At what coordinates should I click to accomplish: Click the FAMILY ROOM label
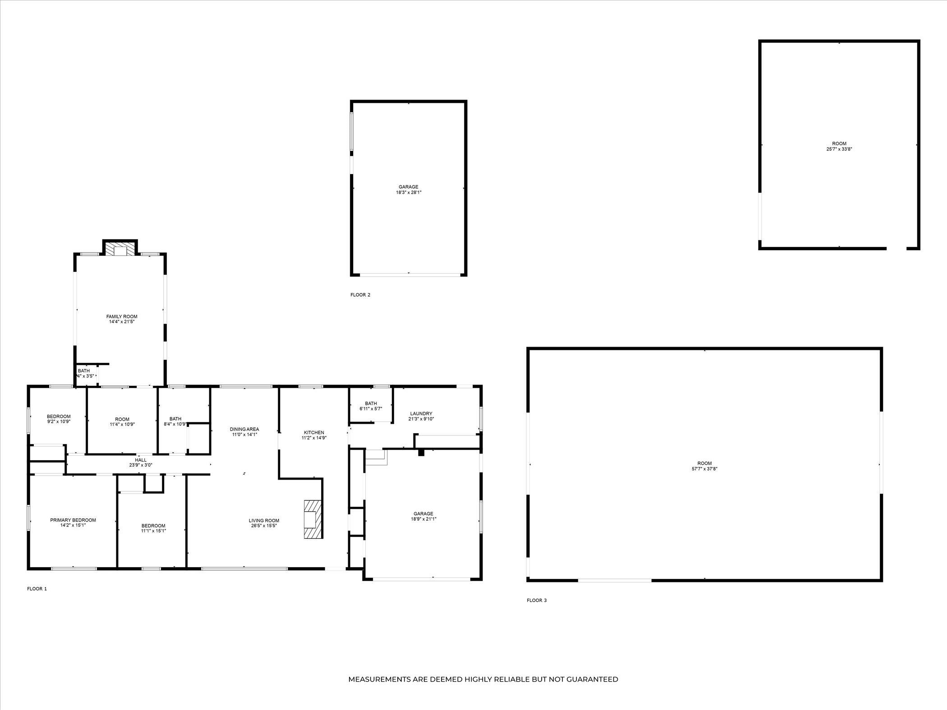[122, 316]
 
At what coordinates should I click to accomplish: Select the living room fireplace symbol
[312, 519]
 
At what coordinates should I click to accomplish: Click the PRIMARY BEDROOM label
[73, 520]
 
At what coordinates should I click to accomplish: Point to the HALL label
[141, 460]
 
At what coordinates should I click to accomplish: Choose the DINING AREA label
[244, 429]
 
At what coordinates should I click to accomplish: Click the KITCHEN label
[314, 432]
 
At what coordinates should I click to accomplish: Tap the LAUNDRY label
[421, 413]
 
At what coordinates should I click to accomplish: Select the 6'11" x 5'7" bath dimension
[371, 409]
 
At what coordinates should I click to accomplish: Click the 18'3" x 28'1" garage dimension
[409, 192]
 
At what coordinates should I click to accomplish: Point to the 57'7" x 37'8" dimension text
[704, 469]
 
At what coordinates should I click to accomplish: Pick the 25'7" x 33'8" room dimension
[839, 149]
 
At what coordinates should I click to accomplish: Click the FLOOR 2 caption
[360, 295]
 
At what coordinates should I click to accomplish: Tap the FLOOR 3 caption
[537, 600]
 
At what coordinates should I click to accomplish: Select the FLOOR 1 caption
[37, 589]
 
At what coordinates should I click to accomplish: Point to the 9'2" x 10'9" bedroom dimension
[59, 421]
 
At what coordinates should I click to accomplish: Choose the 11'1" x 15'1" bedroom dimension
[153, 531]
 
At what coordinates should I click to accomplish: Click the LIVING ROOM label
[264, 520]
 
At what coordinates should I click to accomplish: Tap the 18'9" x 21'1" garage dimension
[423, 519]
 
